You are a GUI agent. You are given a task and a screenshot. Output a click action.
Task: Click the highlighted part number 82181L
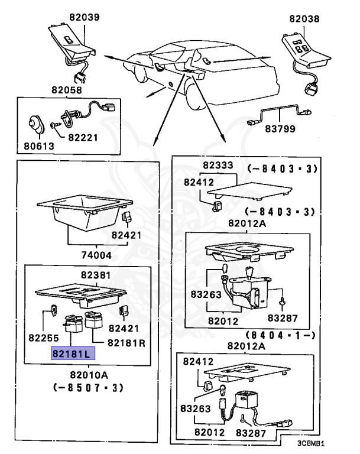[70, 354]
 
